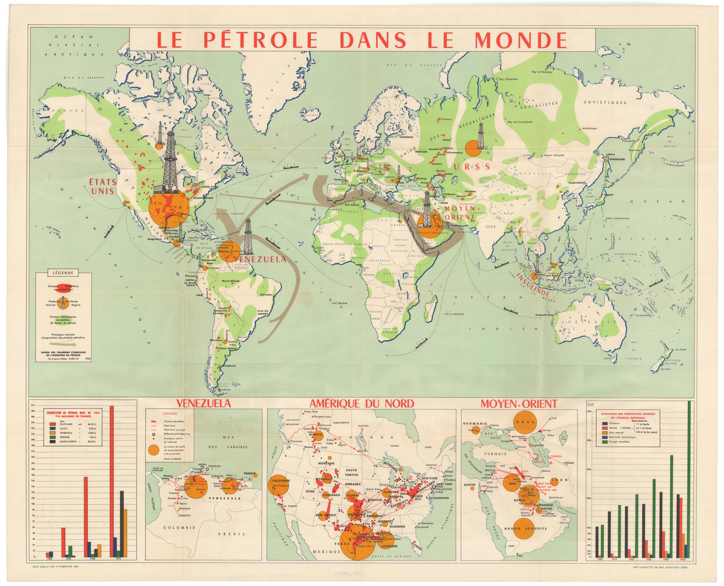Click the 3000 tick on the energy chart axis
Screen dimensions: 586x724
point(589,469)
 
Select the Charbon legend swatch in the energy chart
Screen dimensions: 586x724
point(603,423)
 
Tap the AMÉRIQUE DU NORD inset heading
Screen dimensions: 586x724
point(362,403)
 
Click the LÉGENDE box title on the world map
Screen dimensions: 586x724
point(63,272)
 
